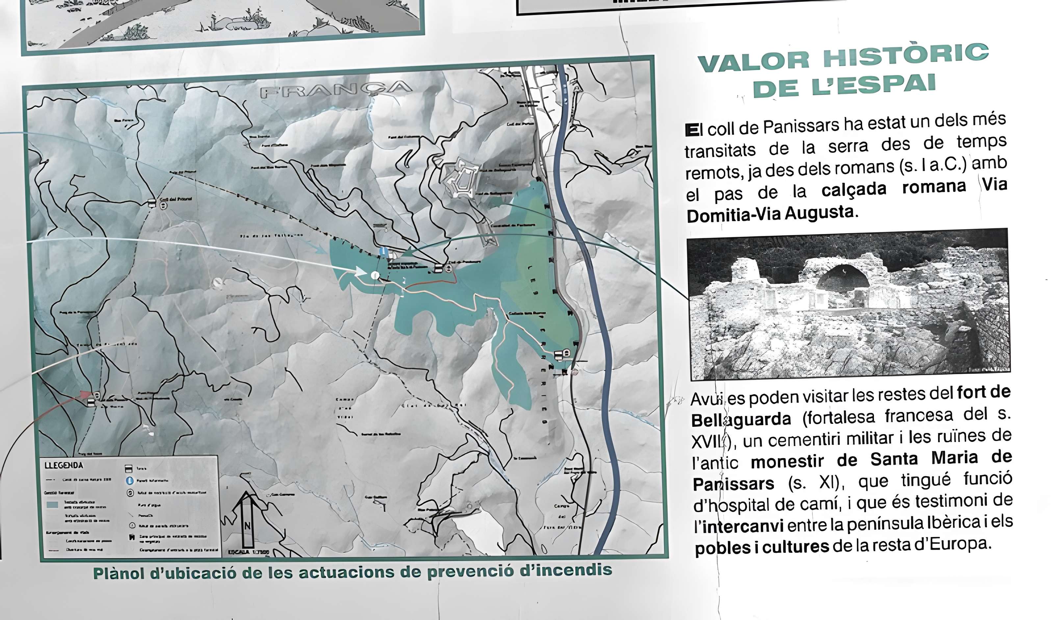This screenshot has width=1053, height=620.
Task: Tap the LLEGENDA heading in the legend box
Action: click(x=64, y=465)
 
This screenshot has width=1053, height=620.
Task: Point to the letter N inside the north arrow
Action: click(x=247, y=526)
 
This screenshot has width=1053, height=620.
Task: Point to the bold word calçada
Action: click(x=853, y=189)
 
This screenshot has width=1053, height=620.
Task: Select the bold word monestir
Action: click(x=787, y=461)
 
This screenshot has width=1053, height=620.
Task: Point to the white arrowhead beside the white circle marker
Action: click(x=360, y=271)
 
